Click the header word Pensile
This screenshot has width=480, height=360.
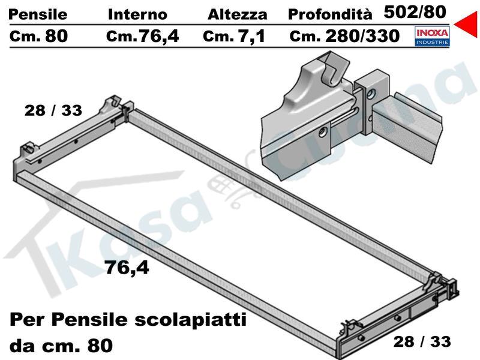click(x=38, y=14)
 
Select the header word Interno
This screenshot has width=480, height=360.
click(x=137, y=14)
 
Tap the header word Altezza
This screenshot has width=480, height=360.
click(x=237, y=14)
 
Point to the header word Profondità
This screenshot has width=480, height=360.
click(x=330, y=14)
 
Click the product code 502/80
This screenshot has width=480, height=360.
click(x=415, y=12)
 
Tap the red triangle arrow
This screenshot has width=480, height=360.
click(x=466, y=24)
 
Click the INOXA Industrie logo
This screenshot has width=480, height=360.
click(x=432, y=36)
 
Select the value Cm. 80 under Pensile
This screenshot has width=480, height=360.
click(x=38, y=36)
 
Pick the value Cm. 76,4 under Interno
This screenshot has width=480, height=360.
click(x=142, y=37)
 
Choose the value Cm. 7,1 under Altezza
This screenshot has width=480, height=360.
click(x=234, y=37)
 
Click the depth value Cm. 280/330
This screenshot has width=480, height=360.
click(x=344, y=36)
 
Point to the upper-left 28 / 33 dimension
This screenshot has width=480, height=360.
click(x=53, y=110)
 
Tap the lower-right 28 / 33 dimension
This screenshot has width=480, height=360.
click(x=422, y=341)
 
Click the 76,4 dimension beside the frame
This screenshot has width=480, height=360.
click(x=127, y=268)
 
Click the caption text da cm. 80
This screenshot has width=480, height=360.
click(x=61, y=346)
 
